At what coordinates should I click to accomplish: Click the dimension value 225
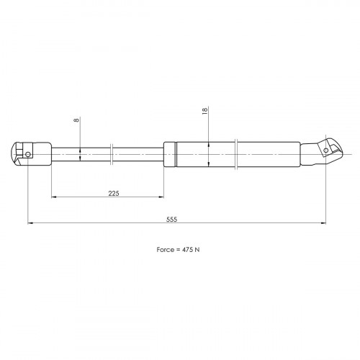click(114, 193)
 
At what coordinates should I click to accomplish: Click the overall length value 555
click(172, 220)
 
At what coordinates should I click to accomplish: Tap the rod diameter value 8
click(76, 120)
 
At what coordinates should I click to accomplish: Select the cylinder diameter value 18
click(204, 111)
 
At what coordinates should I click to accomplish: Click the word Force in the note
click(166, 250)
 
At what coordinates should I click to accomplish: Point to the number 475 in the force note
click(186, 250)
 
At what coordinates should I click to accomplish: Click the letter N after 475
click(197, 250)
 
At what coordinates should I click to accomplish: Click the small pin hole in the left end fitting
click(28, 154)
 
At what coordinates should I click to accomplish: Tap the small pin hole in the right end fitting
click(325, 150)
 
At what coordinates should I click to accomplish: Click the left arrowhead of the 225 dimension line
click(54, 197)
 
